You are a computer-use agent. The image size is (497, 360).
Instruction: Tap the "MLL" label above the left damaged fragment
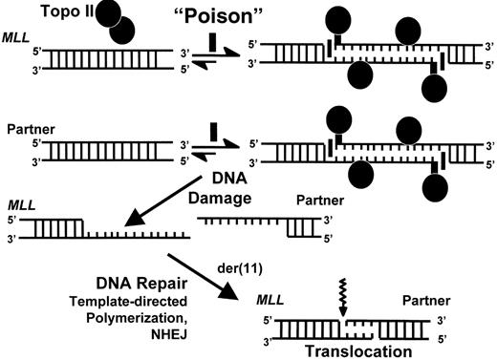[18, 204]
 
